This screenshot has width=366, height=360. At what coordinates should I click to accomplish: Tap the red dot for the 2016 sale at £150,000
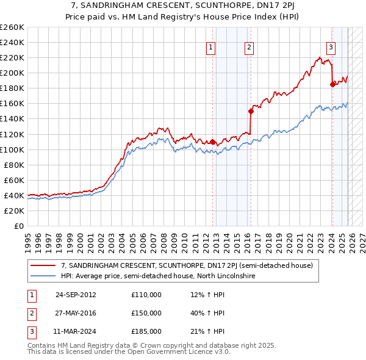point(251,111)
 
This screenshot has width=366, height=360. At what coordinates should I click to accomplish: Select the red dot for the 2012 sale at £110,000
point(213,142)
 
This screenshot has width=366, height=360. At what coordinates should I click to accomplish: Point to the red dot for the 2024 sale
point(332,85)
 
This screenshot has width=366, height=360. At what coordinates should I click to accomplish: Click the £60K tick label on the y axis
point(13,180)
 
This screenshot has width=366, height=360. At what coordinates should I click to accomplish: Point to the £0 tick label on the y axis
point(18,226)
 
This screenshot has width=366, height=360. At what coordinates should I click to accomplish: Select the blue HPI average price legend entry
point(159,276)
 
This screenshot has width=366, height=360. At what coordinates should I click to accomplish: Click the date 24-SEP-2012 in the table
point(76,295)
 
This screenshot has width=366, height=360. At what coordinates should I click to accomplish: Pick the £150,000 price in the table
point(146,313)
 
